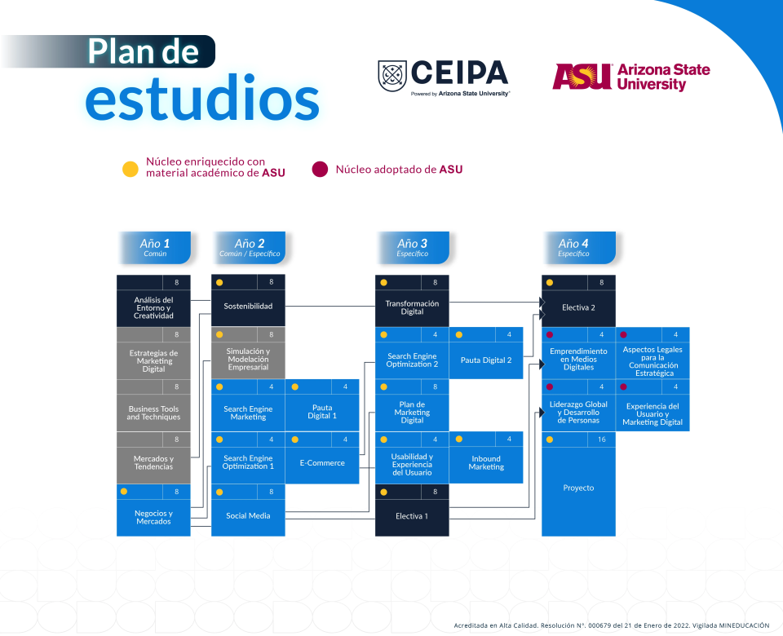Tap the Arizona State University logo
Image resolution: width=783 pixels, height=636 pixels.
[x=630, y=77]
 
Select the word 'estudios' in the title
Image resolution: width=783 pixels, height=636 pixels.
[x=202, y=99]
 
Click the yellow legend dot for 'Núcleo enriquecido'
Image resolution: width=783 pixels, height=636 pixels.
[x=130, y=170]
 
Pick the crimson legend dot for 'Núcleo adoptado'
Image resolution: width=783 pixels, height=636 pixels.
[x=320, y=170]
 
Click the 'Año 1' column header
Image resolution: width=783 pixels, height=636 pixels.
[x=155, y=247]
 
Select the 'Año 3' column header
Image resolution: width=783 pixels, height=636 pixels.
[x=413, y=247]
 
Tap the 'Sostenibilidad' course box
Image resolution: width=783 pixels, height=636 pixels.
[x=248, y=307]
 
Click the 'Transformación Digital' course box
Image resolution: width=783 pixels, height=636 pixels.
[x=412, y=307]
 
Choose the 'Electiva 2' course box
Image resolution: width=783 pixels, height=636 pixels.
[x=578, y=307]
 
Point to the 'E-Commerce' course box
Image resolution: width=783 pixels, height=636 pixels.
[x=322, y=463]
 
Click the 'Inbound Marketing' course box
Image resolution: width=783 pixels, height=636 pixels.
[x=486, y=463]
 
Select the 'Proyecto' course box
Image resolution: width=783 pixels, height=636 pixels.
[x=578, y=488]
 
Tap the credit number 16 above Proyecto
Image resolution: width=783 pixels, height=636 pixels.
[x=600, y=439]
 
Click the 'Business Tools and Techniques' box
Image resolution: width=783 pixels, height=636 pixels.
[x=153, y=413]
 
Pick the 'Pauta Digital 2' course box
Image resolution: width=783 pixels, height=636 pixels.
[x=486, y=360]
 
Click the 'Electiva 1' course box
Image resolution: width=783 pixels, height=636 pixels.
[x=412, y=516]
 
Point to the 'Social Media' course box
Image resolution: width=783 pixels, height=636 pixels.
[x=248, y=515]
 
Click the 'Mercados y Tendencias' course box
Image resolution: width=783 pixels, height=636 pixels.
[x=153, y=462]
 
